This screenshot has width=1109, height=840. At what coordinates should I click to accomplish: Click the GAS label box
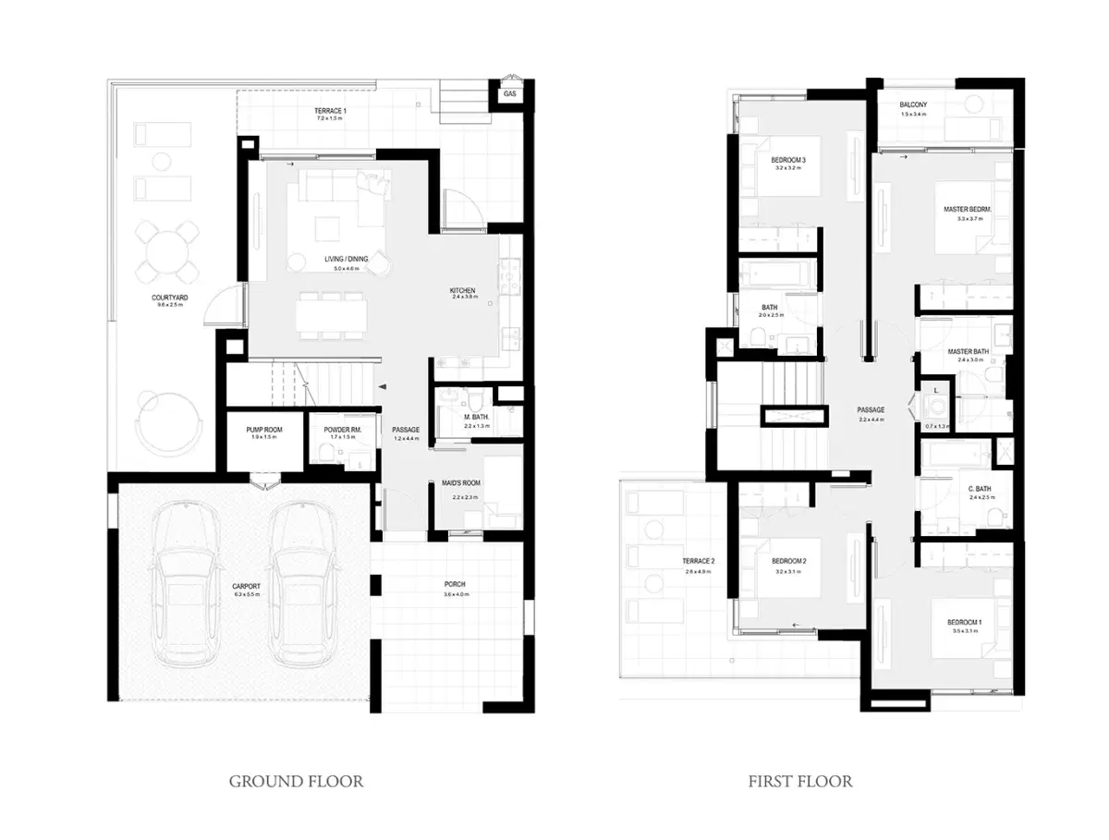click(x=509, y=94)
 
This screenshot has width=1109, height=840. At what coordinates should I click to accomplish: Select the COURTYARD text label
click(x=170, y=298)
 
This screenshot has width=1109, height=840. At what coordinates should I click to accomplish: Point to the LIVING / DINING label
click(x=346, y=259)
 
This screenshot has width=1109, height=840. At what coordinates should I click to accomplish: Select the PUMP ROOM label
click(x=264, y=431)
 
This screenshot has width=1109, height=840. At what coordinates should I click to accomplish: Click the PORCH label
click(x=454, y=585)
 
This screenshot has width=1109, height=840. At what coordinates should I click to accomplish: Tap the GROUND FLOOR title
click(x=296, y=782)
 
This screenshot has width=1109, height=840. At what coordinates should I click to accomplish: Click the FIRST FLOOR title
click(x=800, y=782)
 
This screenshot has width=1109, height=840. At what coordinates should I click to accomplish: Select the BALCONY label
click(x=913, y=105)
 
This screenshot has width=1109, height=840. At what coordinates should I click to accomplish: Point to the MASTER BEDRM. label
click(x=968, y=210)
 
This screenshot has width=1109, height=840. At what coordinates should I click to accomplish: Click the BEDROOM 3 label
click(x=788, y=161)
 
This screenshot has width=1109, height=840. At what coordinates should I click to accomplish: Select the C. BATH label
click(x=980, y=489)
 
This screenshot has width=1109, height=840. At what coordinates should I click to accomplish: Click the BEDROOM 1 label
click(x=964, y=623)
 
